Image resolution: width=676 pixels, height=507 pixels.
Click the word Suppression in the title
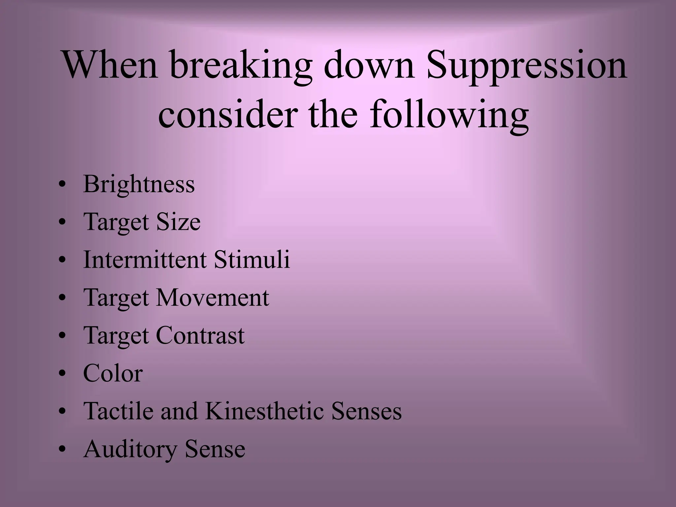point(526,66)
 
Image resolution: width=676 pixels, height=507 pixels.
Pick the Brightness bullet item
point(139,184)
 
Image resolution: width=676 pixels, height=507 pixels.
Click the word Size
point(178,222)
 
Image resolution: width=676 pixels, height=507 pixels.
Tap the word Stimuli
point(252,259)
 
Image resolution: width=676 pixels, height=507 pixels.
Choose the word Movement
point(212,297)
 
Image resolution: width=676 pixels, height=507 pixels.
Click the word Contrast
point(200,335)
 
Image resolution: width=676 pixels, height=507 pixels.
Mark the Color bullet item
point(113,373)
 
